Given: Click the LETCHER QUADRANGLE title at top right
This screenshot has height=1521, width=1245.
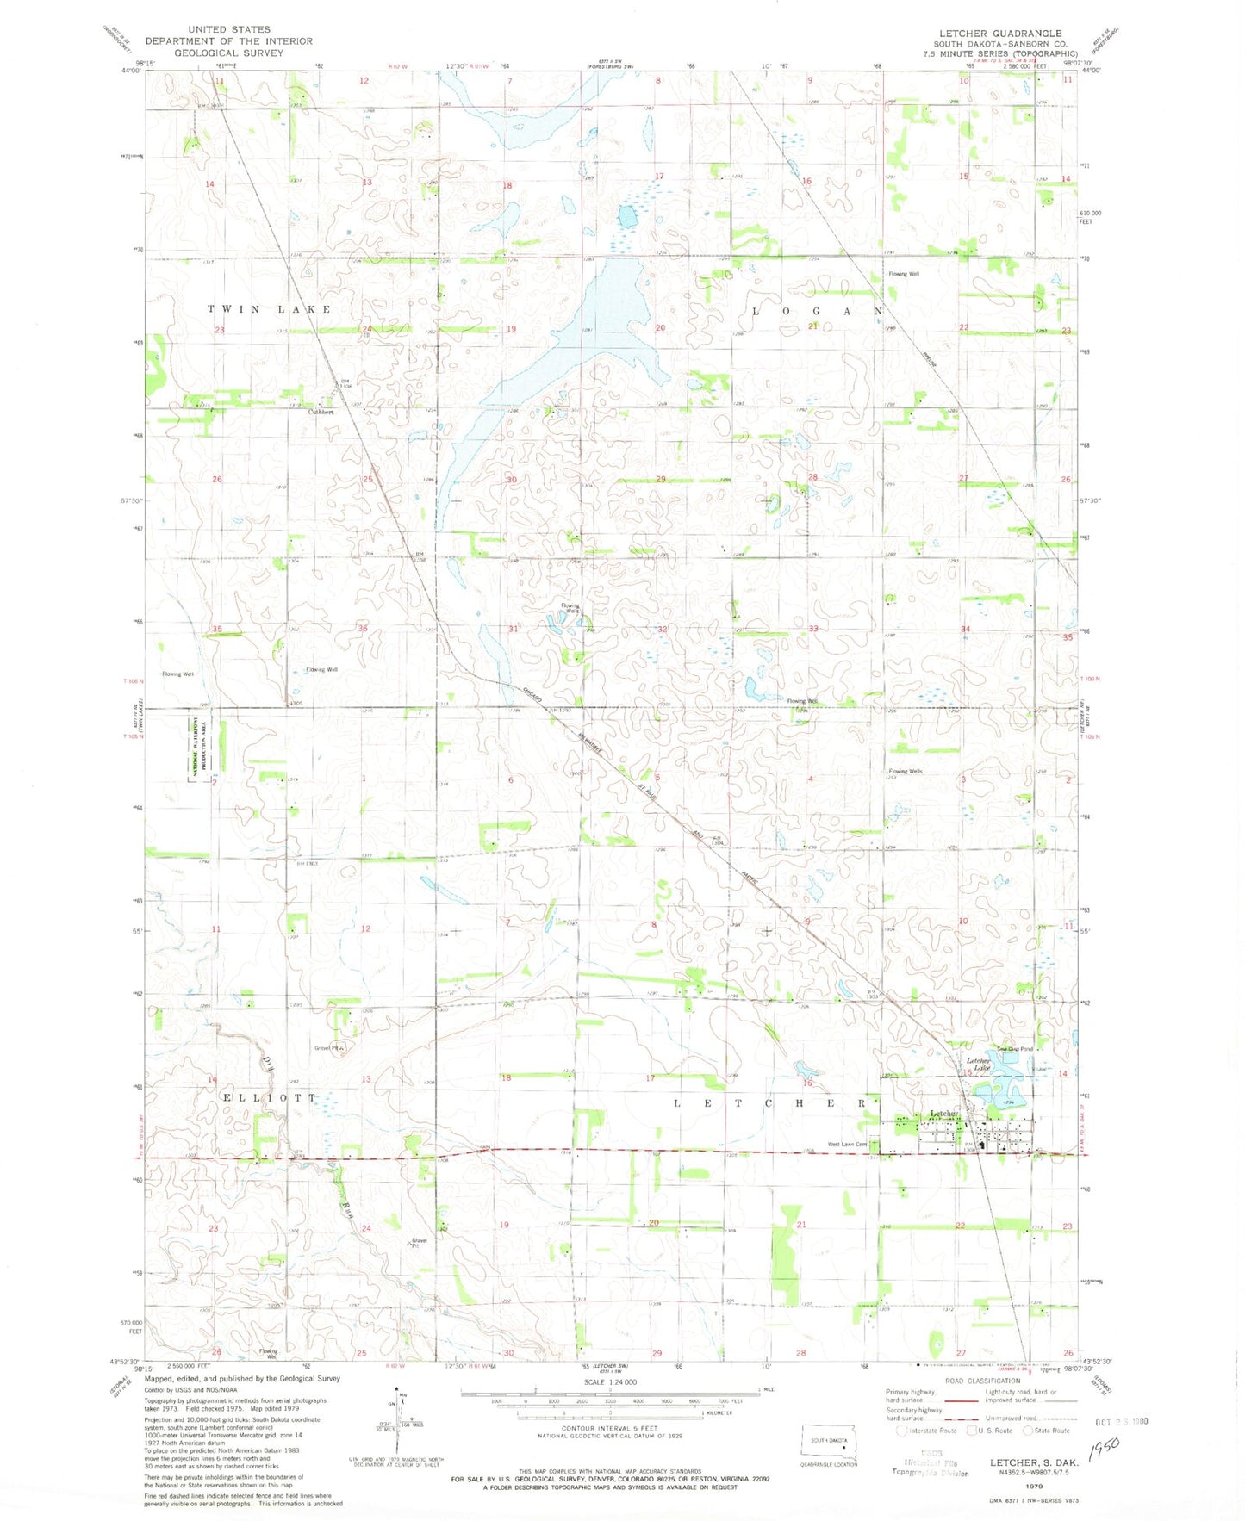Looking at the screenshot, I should click(1000, 33).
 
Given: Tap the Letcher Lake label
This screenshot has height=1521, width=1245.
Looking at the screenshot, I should click(978, 1065).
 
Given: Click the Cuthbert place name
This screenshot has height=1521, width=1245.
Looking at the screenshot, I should click(321, 412).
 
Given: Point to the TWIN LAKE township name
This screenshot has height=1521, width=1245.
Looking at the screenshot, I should click(269, 309).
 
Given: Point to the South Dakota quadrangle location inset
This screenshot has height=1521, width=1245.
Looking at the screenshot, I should click(828, 1439).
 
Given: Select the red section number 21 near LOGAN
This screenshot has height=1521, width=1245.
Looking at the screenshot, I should click(812, 326).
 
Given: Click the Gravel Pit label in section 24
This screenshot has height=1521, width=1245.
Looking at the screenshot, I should click(419, 1243).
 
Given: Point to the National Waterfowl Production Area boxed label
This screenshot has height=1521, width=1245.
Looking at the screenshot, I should click(194, 745).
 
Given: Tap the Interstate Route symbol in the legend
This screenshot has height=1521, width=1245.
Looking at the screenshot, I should click(901, 1431).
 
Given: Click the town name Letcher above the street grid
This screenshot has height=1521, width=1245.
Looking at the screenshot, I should click(944, 1114).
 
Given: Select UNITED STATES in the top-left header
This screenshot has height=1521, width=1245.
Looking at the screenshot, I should click(229, 29).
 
